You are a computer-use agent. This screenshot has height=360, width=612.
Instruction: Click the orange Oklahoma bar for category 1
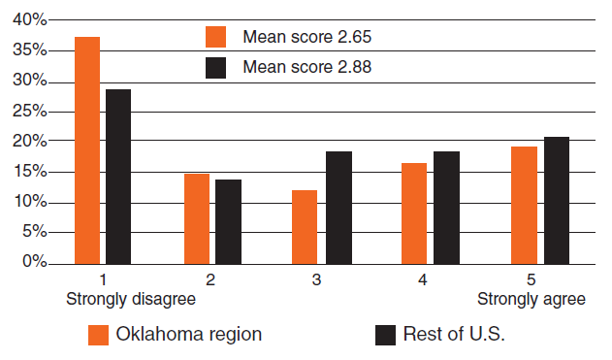point(87,149)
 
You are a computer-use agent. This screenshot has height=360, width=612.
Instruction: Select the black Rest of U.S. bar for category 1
point(118,176)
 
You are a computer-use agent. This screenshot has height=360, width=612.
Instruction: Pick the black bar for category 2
point(228,221)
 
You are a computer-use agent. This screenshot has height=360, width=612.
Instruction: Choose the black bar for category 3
point(338,207)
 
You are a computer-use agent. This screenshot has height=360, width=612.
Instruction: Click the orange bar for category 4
point(414,213)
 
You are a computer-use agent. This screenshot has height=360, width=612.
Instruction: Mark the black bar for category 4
point(447,207)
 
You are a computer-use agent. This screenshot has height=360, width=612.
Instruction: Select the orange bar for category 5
point(524,205)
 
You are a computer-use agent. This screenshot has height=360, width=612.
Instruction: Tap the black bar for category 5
point(556,200)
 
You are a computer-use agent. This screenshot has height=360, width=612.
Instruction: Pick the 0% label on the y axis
point(34,263)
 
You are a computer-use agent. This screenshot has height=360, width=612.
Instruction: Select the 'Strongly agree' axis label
point(533,299)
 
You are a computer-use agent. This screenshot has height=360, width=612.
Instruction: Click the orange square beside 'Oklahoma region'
point(98,335)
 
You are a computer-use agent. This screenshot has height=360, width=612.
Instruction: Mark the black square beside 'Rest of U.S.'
point(386,335)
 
